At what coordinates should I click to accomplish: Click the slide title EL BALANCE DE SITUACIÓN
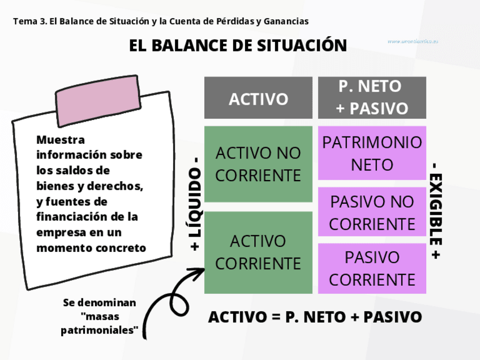point(238,45)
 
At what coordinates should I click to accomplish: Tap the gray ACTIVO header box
point(258,98)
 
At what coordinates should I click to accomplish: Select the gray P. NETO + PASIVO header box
point(372,97)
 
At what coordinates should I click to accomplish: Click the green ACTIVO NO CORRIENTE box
point(258,164)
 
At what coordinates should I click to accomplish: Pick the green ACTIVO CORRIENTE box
point(258,252)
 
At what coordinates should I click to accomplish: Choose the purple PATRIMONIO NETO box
point(372,153)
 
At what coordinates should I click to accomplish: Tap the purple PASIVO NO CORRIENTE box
point(372,212)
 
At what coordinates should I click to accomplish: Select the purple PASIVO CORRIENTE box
point(372,268)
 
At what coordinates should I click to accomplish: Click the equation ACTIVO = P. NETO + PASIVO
point(315,317)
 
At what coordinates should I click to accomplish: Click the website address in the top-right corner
point(413,41)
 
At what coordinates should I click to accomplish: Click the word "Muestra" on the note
point(60,139)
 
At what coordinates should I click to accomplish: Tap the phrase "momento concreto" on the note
point(91,248)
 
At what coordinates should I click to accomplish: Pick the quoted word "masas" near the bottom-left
point(100,316)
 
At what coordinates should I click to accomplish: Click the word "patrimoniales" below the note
point(100,331)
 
